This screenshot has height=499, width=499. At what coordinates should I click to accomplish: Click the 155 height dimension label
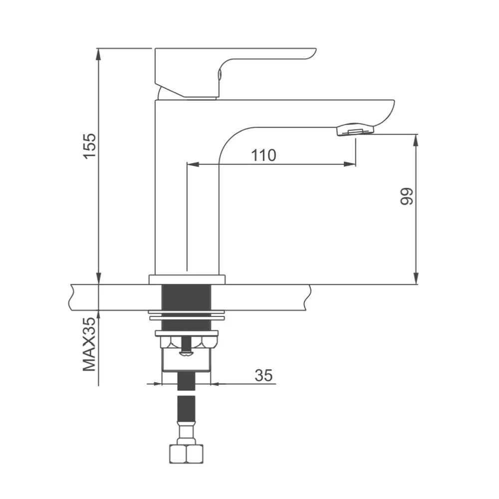(x=89, y=146)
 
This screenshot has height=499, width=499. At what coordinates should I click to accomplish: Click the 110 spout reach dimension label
(x=263, y=155)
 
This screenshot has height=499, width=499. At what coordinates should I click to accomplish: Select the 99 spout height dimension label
(x=406, y=197)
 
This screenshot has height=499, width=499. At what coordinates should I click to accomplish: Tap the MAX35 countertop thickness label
(x=89, y=344)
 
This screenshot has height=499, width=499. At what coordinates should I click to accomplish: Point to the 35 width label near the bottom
(x=263, y=376)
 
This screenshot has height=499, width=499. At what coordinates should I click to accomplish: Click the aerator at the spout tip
(x=355, y=130)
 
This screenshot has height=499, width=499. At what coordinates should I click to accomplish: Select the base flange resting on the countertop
(x=187, y=279)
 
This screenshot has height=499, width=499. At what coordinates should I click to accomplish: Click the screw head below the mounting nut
(x=187, y=354)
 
